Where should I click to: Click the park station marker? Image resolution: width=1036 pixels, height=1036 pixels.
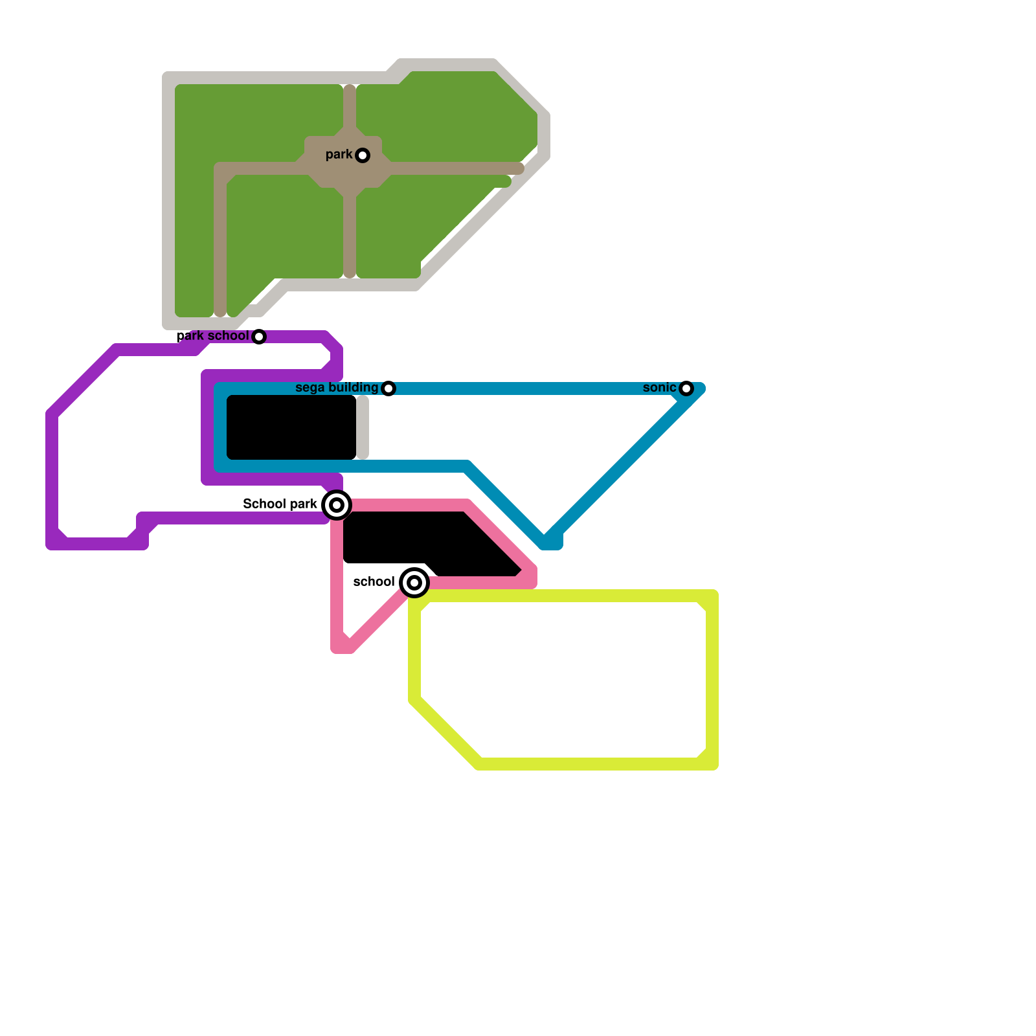363,155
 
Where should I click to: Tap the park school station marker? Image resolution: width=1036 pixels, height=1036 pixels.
259,337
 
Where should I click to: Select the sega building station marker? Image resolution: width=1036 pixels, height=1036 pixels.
388,388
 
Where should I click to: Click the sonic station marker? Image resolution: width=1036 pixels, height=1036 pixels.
686,388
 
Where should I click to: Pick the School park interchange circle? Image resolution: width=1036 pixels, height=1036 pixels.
337,505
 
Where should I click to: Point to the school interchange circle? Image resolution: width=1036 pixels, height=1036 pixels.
414,583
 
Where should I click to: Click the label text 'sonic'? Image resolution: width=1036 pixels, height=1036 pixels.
659,388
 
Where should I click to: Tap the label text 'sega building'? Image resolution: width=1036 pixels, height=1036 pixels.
337,388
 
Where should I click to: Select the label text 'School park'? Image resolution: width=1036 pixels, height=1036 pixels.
280,504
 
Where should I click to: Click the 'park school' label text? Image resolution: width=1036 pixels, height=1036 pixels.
212,336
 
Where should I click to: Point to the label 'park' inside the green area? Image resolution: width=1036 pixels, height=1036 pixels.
339,155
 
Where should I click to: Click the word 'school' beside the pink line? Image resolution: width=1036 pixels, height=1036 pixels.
374,582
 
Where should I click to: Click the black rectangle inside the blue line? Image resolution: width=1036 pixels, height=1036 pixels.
291,427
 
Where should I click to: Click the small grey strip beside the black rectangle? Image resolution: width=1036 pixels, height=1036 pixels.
363,427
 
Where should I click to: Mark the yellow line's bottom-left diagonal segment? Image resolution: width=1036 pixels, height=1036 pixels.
447,732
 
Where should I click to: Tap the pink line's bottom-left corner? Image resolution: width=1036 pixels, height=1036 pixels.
339,646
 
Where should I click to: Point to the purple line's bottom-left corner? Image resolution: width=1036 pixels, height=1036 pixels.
54,541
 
